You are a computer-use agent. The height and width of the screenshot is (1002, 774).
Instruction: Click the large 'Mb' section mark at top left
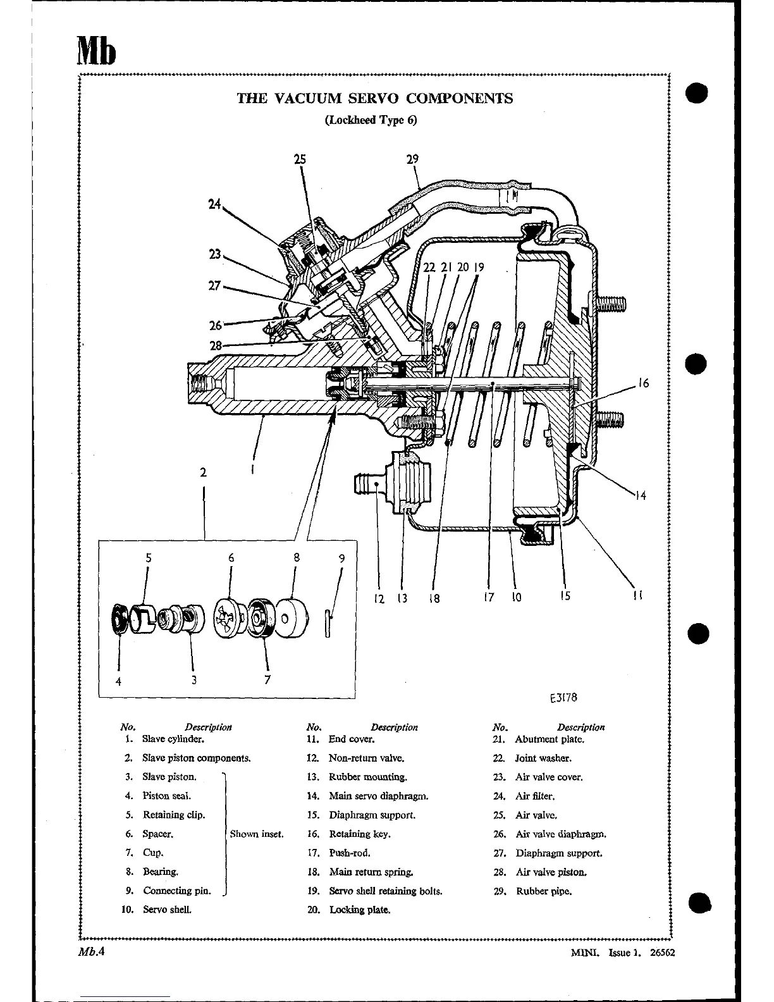pyautogui.click(x=97, y=49)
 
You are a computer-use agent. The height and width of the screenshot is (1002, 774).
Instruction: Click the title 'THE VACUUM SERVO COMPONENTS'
pyautogui.click(x=374, y=99)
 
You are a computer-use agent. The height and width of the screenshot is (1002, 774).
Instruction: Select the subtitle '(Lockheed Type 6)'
pyautogui.click(x=371, y=120)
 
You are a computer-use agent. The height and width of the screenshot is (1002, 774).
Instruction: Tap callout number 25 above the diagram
pyautogui.click(x=300, y=159)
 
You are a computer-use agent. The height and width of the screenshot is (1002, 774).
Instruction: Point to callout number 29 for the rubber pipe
pyautogui.click(x=412, y=159)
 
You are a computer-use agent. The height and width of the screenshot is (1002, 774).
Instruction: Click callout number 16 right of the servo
pyautogui.click(x=643, y=383)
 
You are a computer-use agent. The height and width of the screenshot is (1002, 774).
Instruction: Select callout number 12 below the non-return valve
pyautogui.click(x=379, y=598)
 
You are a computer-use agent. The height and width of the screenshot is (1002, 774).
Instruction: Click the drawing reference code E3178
pyautogui.click(x=563, y=698)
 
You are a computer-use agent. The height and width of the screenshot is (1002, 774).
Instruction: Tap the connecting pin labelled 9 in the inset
pyautogui.click(x=327, y=623)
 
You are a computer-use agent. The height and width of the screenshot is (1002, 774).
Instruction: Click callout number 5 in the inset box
pyautogui.click(x=149, y=558)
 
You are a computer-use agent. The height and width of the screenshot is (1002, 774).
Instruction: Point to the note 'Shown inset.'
pyautogui.click(x=257, y=834)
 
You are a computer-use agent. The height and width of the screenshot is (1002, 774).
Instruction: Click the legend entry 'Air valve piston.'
pyautogui.click(x=551, y=872)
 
